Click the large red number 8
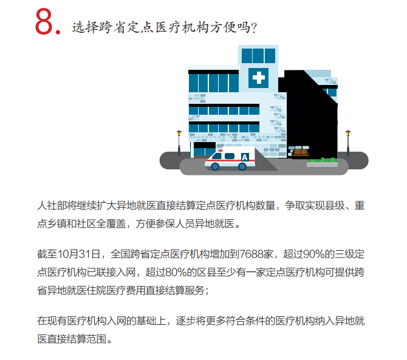44,21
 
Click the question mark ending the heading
254,27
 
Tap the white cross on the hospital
259,78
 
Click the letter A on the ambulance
245,157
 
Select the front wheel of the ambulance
215,166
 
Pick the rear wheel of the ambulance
242,166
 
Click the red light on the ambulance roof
221,151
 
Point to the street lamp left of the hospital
179,143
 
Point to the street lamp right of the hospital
348,143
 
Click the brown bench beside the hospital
300,152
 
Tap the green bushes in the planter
322,160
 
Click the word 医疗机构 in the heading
181,27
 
